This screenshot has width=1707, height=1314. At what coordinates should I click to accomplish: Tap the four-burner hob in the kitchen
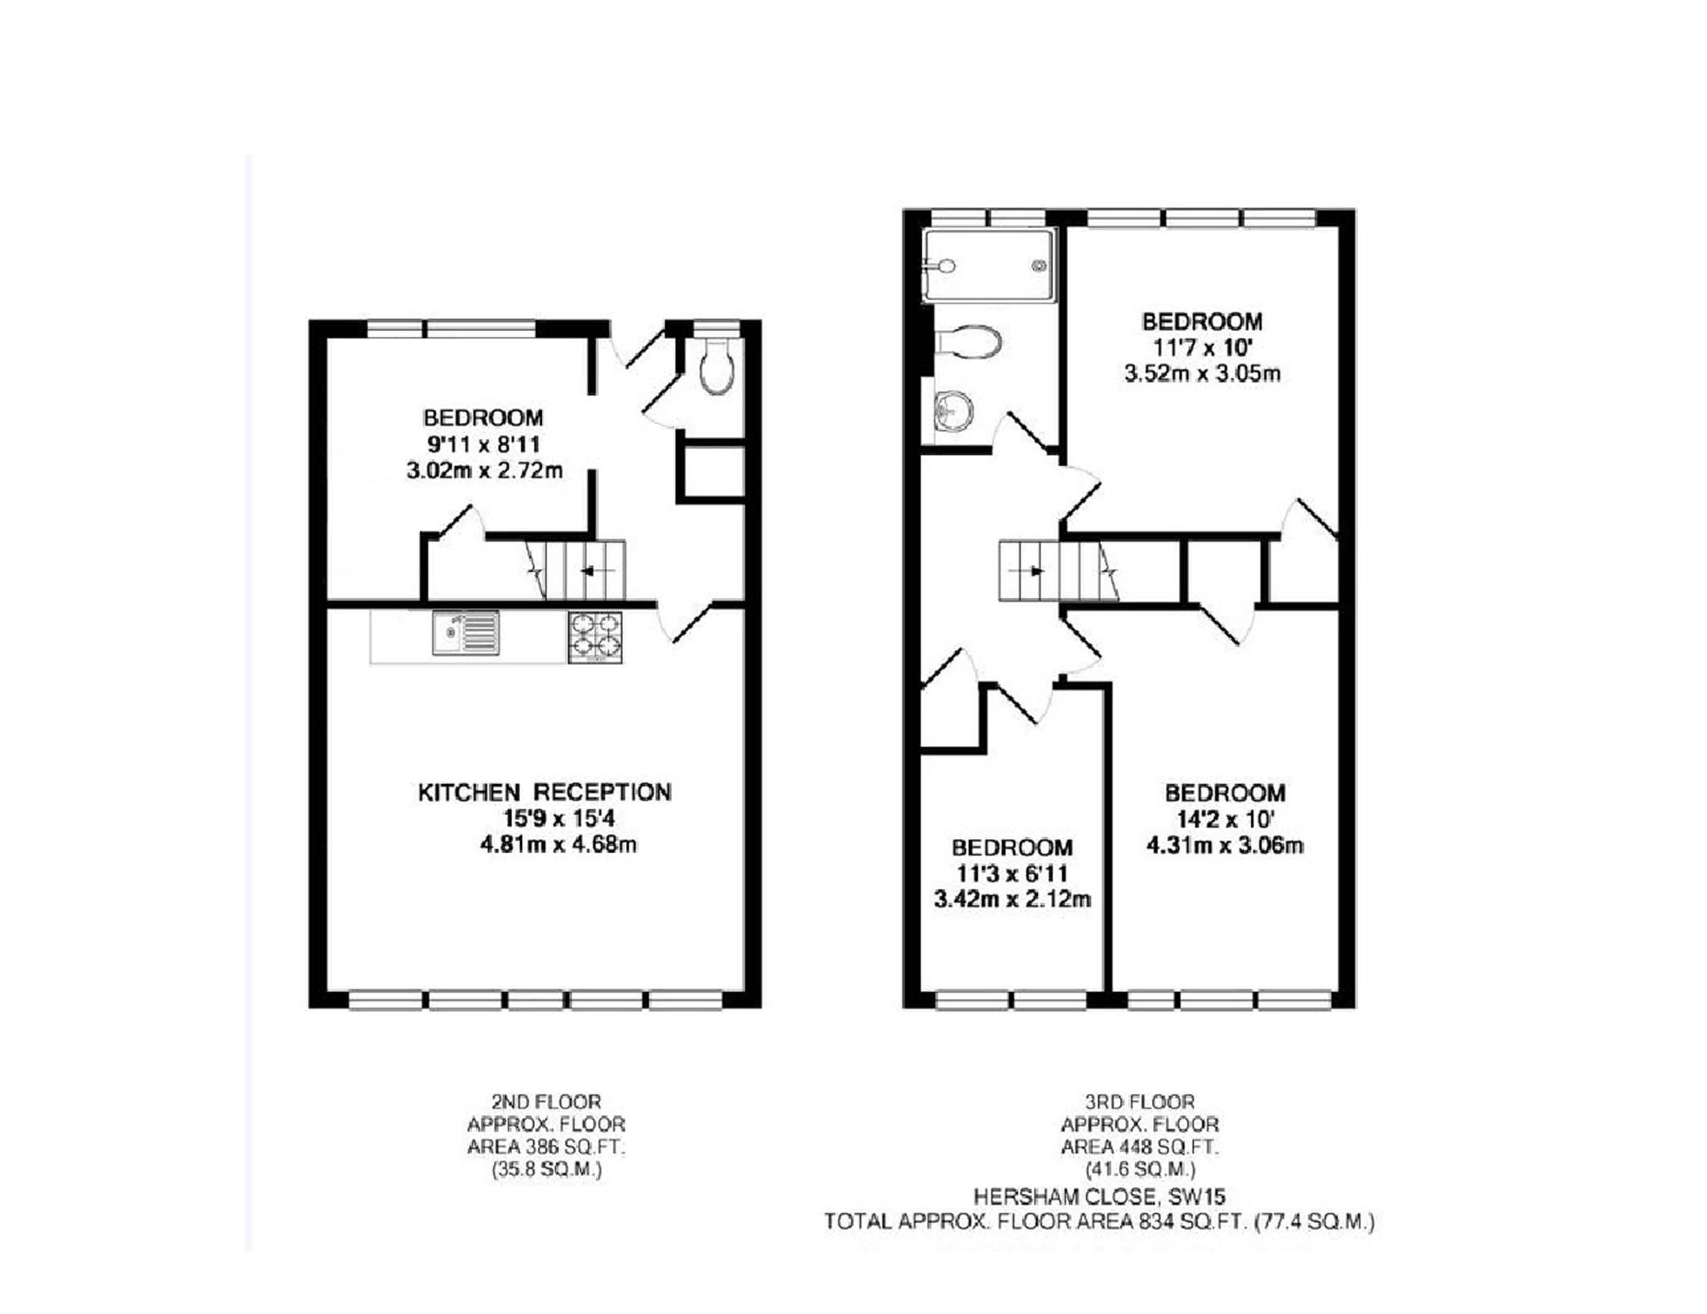point(595,637)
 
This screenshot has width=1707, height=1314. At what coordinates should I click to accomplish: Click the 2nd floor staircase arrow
point(588,570)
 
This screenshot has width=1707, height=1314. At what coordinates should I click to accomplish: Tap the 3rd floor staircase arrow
point(1036,571)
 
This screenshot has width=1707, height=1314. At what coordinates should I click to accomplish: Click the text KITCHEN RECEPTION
point(545,792)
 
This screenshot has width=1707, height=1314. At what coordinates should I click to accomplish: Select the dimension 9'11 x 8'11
point(484,445)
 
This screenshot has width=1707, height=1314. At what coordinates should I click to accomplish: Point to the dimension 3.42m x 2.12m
point(1012,899)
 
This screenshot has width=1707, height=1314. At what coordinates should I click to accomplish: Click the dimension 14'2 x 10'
point(1225,819)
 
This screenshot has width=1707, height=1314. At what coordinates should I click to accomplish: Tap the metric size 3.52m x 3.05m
point(1202,374)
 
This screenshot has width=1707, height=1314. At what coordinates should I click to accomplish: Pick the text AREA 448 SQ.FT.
point(1139,1148)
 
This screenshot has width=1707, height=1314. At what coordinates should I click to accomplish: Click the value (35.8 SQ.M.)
point(546,1170)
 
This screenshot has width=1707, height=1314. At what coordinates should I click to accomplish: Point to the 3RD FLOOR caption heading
point(1139,1102)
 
